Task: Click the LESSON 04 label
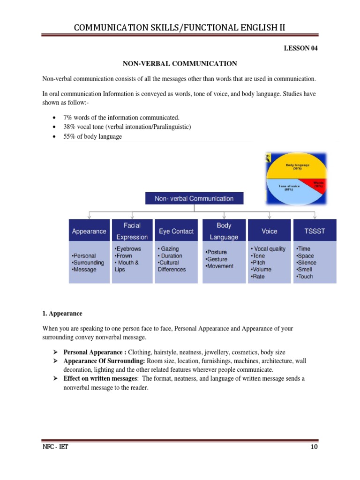[300, 48]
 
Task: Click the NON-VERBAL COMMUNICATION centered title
[180, 63]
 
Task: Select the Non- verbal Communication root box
[194, 199]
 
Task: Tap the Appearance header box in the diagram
[89, 231]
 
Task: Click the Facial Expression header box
[132, 231]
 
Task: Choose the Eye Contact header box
[176, 231]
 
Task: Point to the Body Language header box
[224, 231]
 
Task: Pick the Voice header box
[269, 231]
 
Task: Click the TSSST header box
[314, 231]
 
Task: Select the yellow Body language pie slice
[295, 169]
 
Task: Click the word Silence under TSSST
[307, 262]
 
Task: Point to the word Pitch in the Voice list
[259, 262]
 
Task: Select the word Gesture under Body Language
[217, 259]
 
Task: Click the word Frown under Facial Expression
[123, 256]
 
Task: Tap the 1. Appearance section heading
[62, 314]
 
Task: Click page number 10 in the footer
[314, 447]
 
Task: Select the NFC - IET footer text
[55, 447]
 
